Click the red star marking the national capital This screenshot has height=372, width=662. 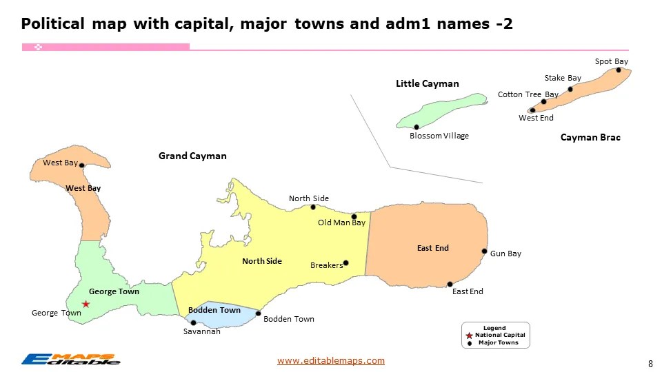point(86,304)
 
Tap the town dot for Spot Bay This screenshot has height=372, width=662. point(619,70)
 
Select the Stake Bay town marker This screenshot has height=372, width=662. point(570,89)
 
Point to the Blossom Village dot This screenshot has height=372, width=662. point(417,127)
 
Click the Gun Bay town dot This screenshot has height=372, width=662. point(484,251)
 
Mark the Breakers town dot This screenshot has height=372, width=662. point(345,262)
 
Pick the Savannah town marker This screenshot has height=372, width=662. point(193,322)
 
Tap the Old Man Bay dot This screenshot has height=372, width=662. point(354,216)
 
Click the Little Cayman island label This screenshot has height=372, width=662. point(427,84)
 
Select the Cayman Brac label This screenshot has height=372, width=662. point(590,138)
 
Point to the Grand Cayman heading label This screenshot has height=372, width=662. point(192,156)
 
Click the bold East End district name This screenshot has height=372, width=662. point(432,248)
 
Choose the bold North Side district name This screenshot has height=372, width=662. point(262,261)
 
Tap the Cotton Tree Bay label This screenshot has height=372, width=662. point(528,94)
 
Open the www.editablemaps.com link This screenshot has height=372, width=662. point(330,360)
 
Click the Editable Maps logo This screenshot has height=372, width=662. point(70,358)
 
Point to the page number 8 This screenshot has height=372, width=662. point(650,363)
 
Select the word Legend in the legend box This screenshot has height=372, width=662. point(494,328)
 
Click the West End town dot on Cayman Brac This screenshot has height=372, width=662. point(532,110)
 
